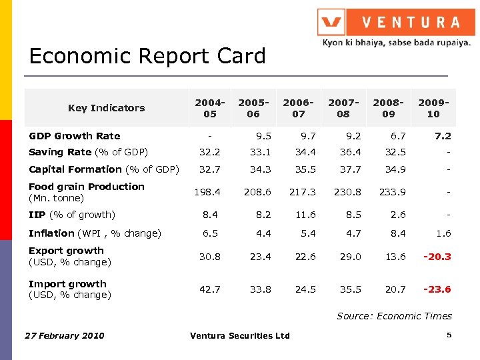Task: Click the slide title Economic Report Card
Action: [147, 56]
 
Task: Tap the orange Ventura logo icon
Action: [331, 22]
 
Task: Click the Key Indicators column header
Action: [106, 108]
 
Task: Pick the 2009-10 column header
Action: [433, 108]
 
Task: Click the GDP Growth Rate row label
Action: [75, 136]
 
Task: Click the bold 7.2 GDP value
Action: [443, 136]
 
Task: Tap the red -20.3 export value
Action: [437, 257]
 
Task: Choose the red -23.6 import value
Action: [437, 289]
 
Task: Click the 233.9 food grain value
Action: [392, 192]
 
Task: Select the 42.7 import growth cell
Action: [209, 289]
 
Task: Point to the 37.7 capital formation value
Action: [349, 169]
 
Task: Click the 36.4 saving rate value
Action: [349, 152]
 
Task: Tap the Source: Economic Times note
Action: [394, 316]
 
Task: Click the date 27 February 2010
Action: [65, 335]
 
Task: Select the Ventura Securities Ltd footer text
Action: [240, 335]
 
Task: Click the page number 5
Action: [449, 335]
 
